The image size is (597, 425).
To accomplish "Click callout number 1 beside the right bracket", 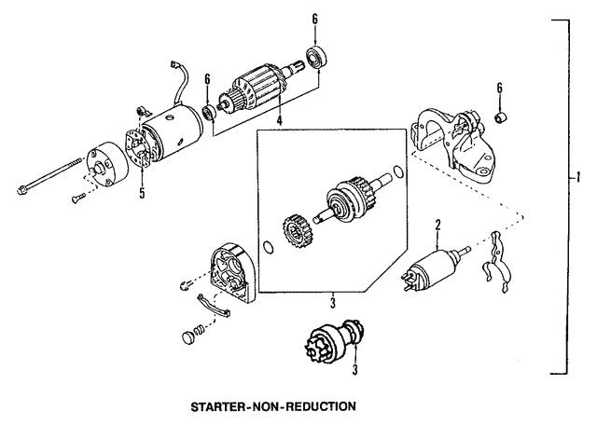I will pos(579,177).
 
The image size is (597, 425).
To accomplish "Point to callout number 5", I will pos(142,195).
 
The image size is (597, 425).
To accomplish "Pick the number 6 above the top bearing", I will pos(315,18).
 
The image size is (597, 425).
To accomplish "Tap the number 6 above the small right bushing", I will pos(500,89).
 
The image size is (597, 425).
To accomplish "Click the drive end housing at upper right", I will pos(454,144).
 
